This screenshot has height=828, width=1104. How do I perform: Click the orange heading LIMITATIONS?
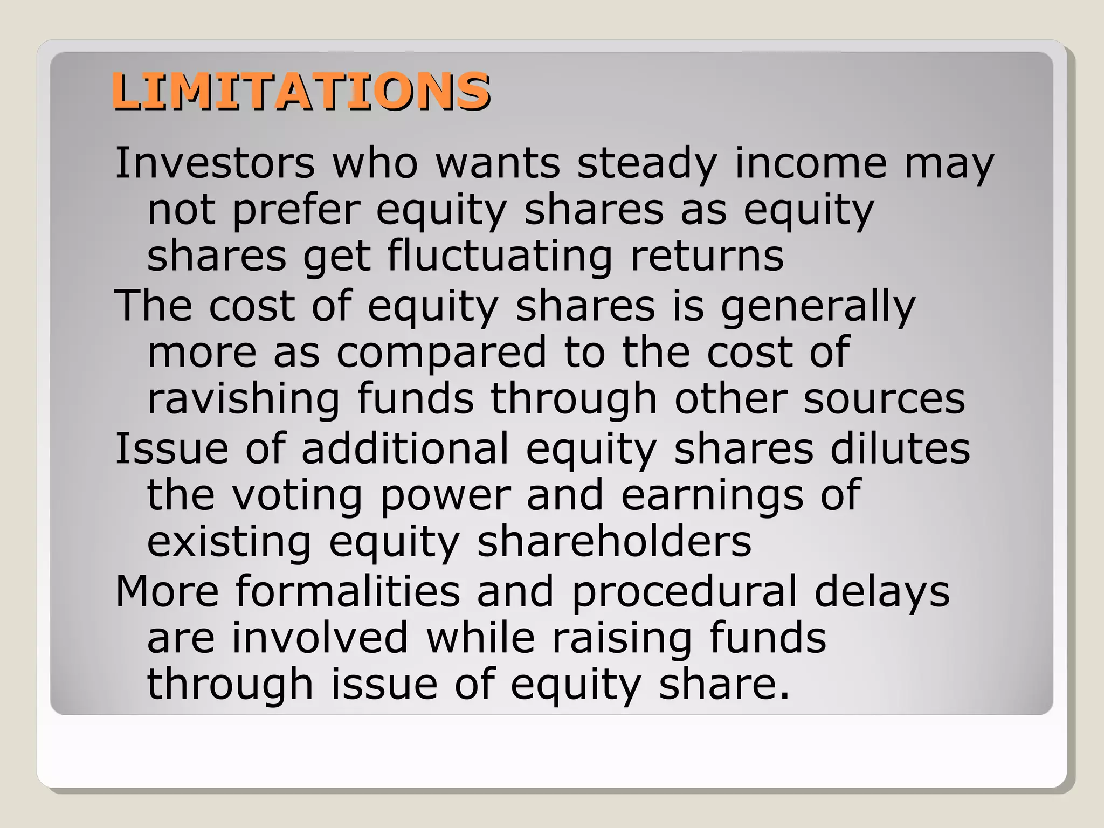tap(300, 91)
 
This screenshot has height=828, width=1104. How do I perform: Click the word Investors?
tap(215, 163)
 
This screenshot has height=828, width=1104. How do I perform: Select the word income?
tap(811, 163)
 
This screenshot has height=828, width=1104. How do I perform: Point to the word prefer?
tap(296, 210)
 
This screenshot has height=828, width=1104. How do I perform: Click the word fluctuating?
tap(500, 256)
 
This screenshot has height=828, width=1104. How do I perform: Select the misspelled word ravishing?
tap(243, 399)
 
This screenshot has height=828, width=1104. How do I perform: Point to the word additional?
tap(405, 448)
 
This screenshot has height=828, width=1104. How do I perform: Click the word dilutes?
tap(900, 448)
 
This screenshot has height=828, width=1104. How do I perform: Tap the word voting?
tap(298, 495)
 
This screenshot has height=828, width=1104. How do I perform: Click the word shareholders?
tap(614, 542)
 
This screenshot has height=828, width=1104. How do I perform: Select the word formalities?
tap(348, 591)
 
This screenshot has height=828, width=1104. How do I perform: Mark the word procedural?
tap(684, 591)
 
